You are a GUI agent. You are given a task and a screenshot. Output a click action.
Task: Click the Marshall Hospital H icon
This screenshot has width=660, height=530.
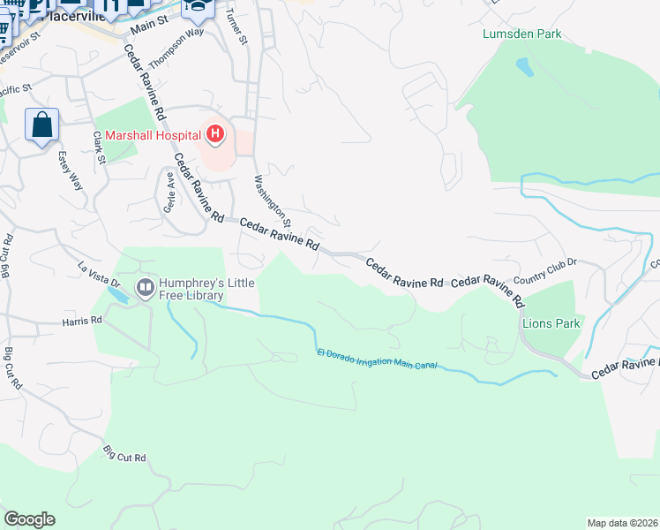pos(214,135)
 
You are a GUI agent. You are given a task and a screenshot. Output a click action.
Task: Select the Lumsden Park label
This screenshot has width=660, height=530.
pos(522,34)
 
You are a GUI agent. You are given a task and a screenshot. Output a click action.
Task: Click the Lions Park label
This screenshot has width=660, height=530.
pos(551,323)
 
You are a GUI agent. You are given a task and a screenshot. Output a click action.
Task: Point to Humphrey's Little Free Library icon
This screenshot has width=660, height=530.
pos(144,287)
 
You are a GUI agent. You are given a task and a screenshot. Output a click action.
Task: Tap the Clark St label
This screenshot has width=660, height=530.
pos(99,148)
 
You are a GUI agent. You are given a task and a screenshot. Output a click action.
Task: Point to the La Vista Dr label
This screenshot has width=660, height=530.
pos(99,275)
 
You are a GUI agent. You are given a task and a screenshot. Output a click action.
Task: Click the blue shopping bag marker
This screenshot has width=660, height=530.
pos(42,125)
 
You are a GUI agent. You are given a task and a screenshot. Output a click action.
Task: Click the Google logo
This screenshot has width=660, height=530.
pos(29,519)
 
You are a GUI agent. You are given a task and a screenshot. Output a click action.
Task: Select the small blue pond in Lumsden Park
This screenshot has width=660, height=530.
pos(524,67)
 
